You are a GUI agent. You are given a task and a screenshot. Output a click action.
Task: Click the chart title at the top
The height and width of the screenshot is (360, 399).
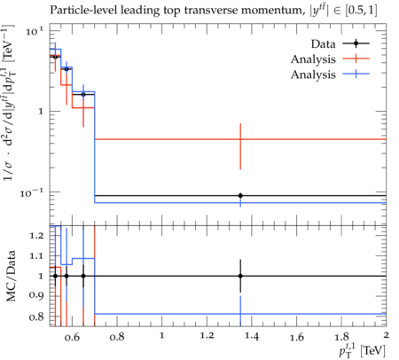pos(213,11)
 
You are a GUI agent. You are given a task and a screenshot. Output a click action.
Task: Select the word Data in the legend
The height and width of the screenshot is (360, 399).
pos(323,44)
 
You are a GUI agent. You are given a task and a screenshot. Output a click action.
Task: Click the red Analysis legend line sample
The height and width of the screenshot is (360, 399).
pos(356,59)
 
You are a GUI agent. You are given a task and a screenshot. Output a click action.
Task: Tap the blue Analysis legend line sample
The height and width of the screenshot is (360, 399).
pos(356,74)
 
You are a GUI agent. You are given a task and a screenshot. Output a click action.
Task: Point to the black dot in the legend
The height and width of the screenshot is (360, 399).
pos(356,43)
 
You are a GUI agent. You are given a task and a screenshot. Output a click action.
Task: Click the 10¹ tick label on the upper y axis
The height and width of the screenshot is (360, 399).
pos(35,31)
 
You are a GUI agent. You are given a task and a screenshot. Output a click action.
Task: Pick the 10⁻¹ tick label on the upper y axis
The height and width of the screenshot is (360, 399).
pos(32,193)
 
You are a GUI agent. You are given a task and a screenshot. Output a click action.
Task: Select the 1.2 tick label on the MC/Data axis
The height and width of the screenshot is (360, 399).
pos(36,235)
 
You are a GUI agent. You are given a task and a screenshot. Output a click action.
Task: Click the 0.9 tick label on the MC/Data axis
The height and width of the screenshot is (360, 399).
pos(36,294)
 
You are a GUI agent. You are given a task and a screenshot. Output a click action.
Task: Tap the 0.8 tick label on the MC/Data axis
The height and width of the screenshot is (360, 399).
pos(36,317)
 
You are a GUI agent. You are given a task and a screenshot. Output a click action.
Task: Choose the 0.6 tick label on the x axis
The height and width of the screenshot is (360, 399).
pos(72,337)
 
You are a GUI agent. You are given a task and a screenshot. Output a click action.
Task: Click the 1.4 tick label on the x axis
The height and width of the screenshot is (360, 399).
pos(252,336)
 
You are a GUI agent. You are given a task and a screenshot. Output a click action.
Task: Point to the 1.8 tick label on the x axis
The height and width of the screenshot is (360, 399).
pos(341,336)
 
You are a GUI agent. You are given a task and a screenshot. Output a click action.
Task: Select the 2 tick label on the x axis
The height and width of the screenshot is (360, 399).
pos(386,335)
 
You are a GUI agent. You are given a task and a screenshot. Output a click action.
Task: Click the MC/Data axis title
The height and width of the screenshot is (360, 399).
pos(11,276)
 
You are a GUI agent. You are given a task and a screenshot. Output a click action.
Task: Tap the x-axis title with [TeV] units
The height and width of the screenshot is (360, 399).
pos(363,350)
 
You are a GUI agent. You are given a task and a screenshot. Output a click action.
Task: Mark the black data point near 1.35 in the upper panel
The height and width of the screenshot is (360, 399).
pos(240,195)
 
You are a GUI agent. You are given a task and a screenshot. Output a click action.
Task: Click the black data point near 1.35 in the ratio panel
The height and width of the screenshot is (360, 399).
pos(240,276)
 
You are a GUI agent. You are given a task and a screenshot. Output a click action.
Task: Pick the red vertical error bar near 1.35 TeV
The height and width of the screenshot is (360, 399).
pos(240,146)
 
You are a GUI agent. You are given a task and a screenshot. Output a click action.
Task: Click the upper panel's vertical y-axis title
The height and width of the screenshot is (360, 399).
pos(10,102)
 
